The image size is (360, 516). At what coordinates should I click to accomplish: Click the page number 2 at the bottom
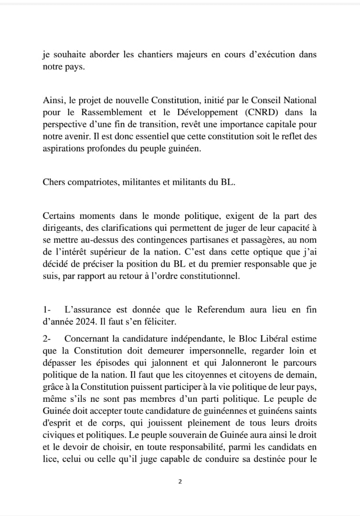click(180, 482)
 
